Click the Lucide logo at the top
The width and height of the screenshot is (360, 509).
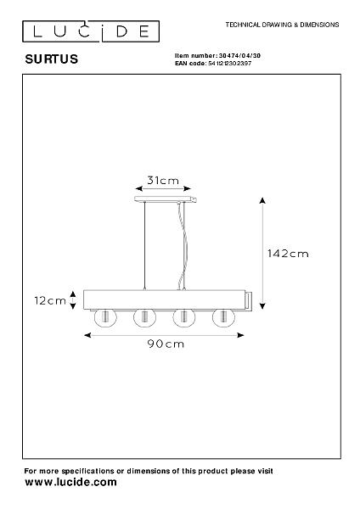click(x=91, y=31)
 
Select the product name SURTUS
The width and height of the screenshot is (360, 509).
click(x=52, y=59)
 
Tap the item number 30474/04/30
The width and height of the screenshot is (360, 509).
click(x=239, y=56)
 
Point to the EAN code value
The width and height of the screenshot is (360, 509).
click(x=230, y=64)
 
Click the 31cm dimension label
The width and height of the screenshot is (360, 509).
click(x=163, y=181)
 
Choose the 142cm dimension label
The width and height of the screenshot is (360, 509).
click(x=288, y=254)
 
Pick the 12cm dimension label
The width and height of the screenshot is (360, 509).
click(x=50, y=300)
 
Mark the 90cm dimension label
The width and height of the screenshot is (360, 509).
click(x=166, y=344)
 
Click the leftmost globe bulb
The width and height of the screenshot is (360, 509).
click(x=105, y=317)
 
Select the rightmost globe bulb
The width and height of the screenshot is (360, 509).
click(x=223, y=317)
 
